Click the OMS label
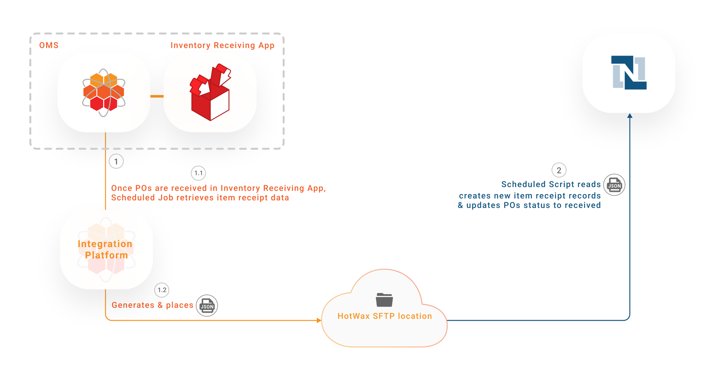(49, 45)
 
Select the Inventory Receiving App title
(222, 45)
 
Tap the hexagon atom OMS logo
(104, 93)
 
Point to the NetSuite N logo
(629, 73)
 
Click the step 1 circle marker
(116, 161)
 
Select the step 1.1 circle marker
(198, 173)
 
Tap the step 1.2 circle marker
(162, 290)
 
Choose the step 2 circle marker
(559, 170)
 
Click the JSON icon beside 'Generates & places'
(207, 306)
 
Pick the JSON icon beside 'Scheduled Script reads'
(614, 185)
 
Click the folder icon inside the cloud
(384, 300)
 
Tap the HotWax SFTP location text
(385, 316)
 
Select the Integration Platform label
(105, 249)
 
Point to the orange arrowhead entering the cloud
(319, 320)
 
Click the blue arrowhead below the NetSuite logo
(630, 116)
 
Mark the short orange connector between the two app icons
(157, 96)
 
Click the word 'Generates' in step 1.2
(133, 305)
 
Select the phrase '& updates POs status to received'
(529, 205)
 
